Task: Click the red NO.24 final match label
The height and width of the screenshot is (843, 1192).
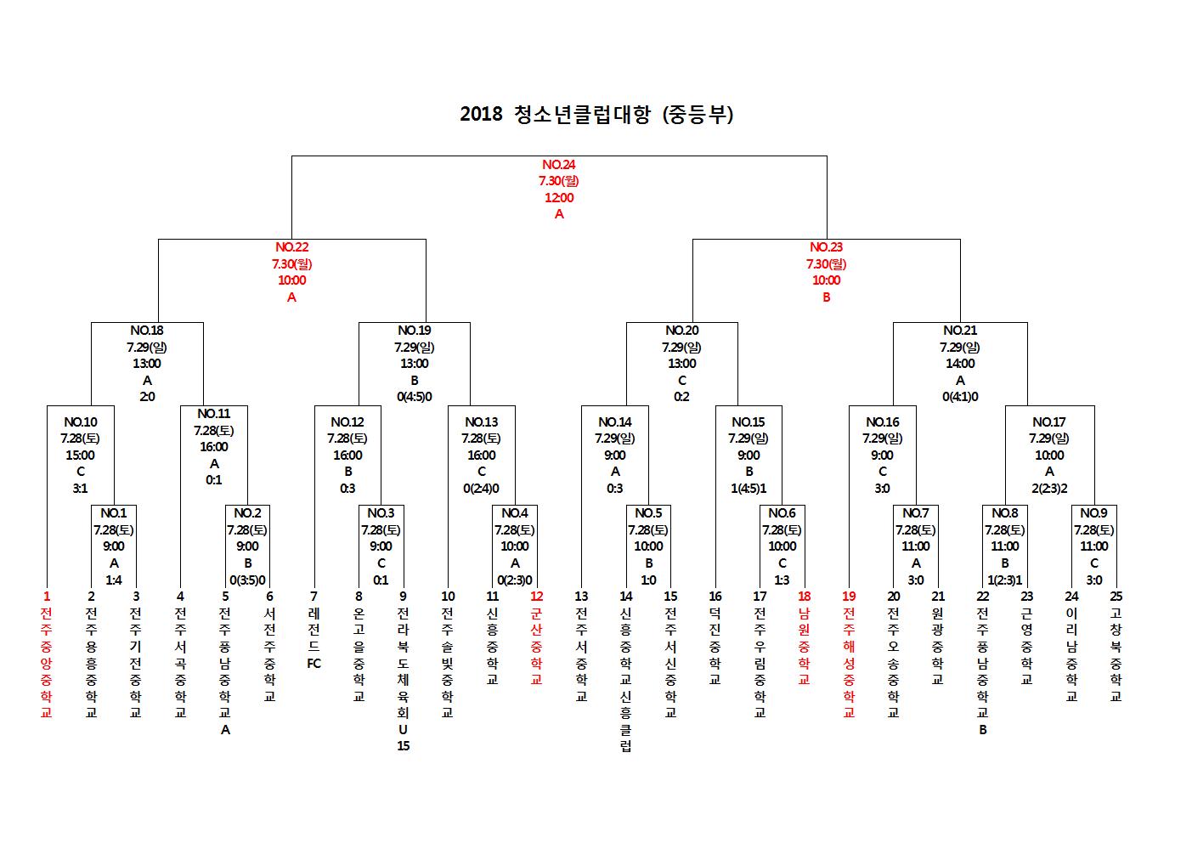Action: pyautogui.click(x=559, y=165)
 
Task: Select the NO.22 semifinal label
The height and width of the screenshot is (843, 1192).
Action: pyautogui.click(x=291, y=247)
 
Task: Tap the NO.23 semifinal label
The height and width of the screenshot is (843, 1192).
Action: pyautogui.click(x=826, y=247)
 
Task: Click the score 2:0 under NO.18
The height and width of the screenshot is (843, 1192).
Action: pyautogui.click(x=147, y=397)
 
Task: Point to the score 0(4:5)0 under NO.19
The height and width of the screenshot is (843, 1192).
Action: pyautogui.click(x=414, y=397)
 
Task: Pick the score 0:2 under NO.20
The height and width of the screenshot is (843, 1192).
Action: pyautogui.click(x=681, y=397)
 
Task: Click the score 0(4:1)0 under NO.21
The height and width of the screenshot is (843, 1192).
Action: pyautogui.click(x=960, y=397)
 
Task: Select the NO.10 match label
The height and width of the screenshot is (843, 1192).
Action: pyautogui.click(x=81, y=422)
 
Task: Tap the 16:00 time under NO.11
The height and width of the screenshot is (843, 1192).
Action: pyautogui.click(x=214, y=447)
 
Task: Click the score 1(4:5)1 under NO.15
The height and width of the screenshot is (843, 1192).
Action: pyautogui.click(x=749, y=489)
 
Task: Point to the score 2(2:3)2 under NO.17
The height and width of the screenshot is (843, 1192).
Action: pyautogui.click(x=1049, y=489)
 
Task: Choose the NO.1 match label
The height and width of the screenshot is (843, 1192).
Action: pyautogui.click(x=113, y=513)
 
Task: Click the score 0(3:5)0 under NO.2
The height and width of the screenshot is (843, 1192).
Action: pyautogui.click(x=247, y=580)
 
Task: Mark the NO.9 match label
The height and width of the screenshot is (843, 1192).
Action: pyautogui.click(x=1093, y=513)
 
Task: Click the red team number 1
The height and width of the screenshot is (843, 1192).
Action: pyautogui.click(x=46, y=597)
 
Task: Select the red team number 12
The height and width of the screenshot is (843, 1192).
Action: pyautogui.click(x=536, y=597)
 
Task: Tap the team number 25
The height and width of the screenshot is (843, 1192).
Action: pyautogui.click(x=1116, y=597)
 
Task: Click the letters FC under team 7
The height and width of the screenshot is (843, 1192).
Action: pyautogui.click(x=314, y=664)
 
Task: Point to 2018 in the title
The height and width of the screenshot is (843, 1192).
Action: pyautogui.click(x=481, y=114)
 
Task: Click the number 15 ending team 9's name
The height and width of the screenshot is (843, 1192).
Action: pyautogui.click(x=403, y=746)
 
